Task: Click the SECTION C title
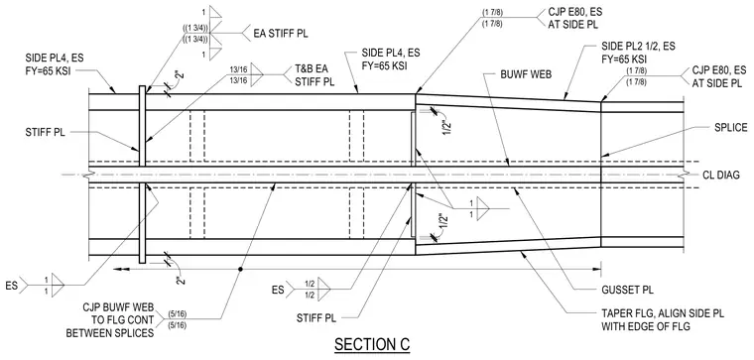tap(372, 344)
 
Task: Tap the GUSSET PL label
tap(621, 290)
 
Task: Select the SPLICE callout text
tap(730, 128)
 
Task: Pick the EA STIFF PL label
tap(281, 34)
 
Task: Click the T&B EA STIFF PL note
tap(314, 75)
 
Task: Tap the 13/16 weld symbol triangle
tap(257, 75)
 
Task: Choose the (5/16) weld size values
tap(178, 320)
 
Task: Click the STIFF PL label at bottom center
tap(315, 317)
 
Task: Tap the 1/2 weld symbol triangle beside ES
tap(323, 289)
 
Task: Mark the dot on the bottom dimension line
tap(240, 270)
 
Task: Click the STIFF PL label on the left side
tap(45, 132)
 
